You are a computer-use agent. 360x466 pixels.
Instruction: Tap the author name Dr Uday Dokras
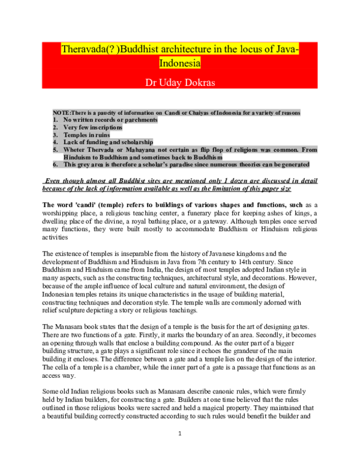tap(179, 81)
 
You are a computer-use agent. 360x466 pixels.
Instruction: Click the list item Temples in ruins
tap(85, 135)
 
